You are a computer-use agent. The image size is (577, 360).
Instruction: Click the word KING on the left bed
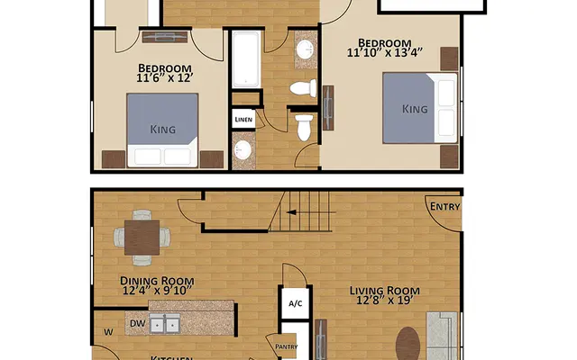pyautogui.click(x=163, y=130)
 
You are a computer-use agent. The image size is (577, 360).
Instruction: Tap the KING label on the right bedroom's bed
pyautogui.click(x=414, y=109)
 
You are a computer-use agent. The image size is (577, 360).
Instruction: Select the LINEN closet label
pyautogui.click(x=243, y=119)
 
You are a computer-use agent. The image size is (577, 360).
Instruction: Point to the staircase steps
pyautogui.click(x=301, y=212)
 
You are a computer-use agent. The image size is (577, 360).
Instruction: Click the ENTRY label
pyautogui.click(x=444, y=207)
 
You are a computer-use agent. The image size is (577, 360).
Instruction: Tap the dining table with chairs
pyautogui.click(x=142, y=238)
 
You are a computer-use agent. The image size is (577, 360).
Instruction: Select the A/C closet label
pyautogui.click(x=295, y=304)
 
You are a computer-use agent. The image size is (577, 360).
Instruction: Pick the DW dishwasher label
pyautogui.click(x=138, y=322)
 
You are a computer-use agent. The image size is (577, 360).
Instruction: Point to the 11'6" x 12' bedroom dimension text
pyautogui.click(x=165, y=79)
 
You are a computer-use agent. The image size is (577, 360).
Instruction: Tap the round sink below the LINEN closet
pyautogui.click(x=243, y=150)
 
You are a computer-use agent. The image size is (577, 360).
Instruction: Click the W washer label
pyautogui.click(x=109, y=332)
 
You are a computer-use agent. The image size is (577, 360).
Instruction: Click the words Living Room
pyautogui.click(x=385, y=290)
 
